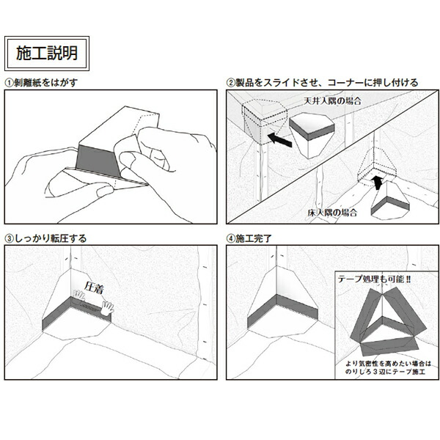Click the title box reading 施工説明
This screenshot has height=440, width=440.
click(x=46, y=53)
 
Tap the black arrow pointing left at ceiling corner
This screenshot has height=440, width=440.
click(x=276, y=136)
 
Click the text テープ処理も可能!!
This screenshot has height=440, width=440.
click(x=372, y=279)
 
